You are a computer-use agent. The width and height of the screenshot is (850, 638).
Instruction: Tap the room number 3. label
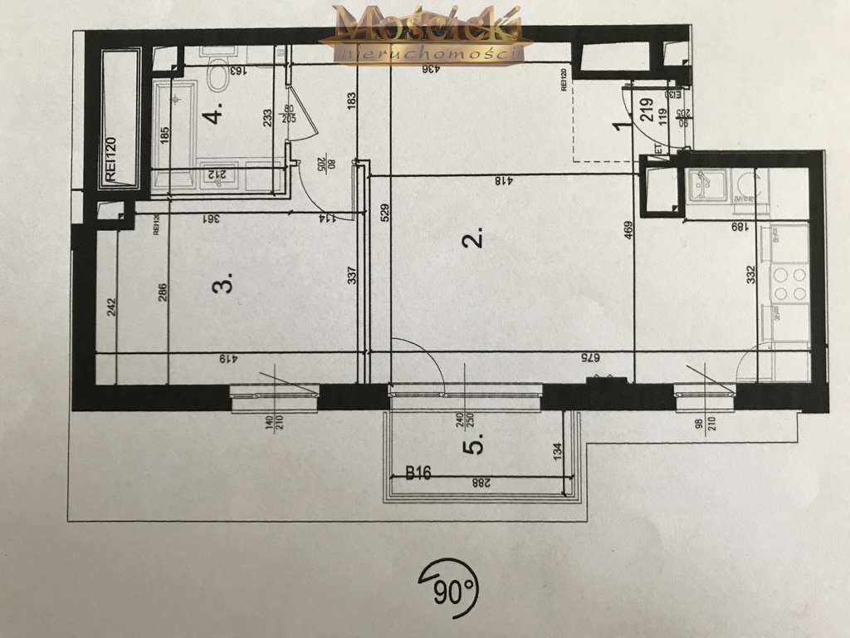(x=222, y=285)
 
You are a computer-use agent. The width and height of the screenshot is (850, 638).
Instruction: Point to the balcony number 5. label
(x=476, y=446)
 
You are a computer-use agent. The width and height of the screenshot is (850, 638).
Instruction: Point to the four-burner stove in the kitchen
(x=789, y=284)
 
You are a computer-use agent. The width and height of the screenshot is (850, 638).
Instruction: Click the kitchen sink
(x=706, y=184)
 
